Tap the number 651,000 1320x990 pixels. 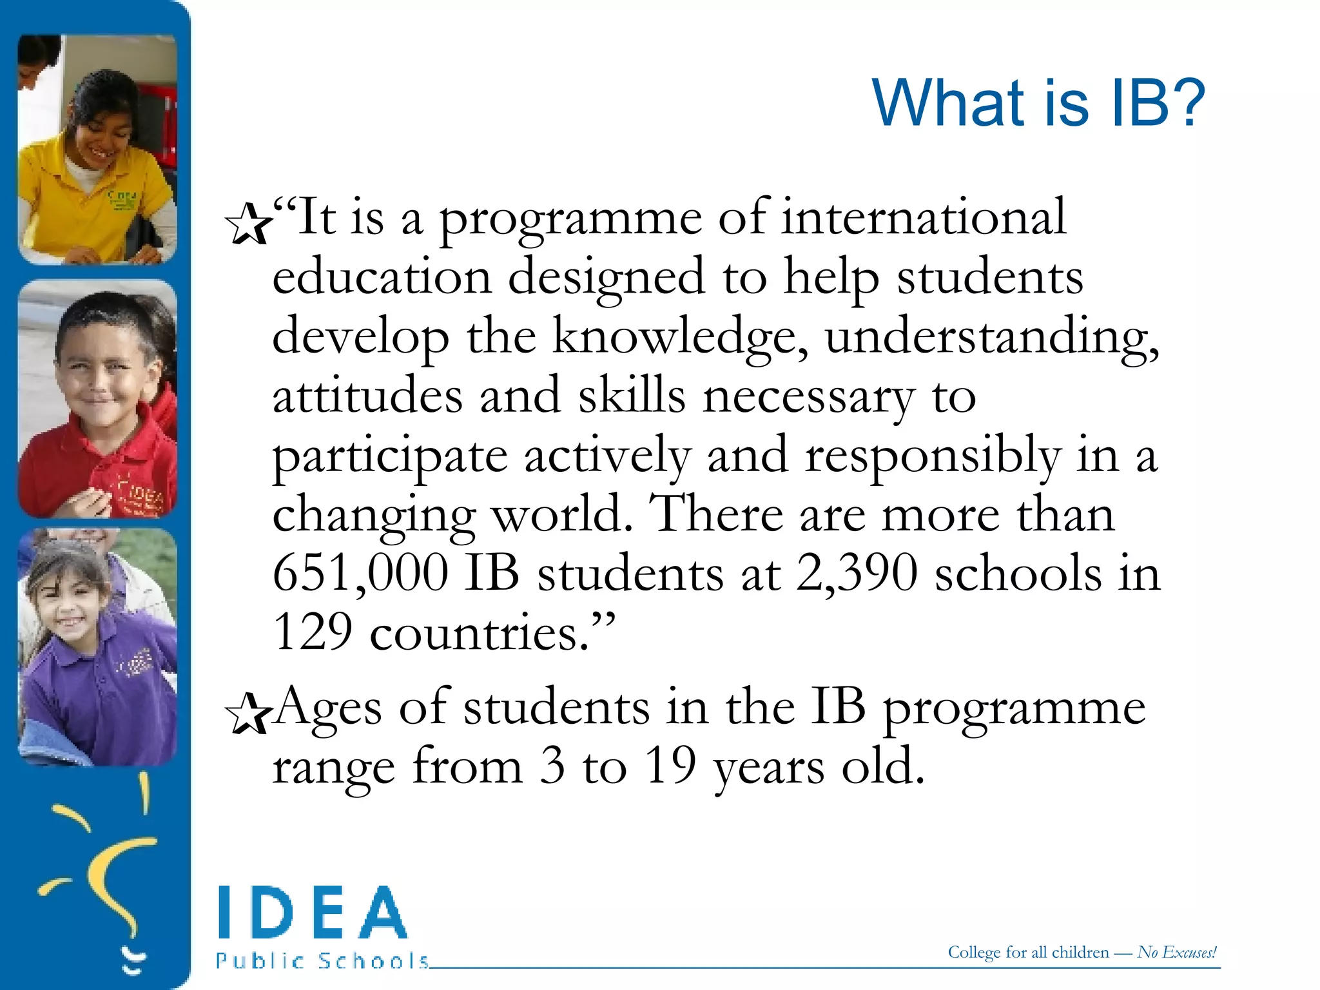coord(360,572)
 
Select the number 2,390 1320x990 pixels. coord(857,572)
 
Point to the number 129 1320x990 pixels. coord(313,632)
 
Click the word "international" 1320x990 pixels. coord(924,218)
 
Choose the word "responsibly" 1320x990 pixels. coord(932,456)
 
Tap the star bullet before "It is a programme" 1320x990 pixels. coord(247,224)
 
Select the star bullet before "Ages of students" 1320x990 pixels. coord(247,713)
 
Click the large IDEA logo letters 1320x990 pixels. coord(313,913)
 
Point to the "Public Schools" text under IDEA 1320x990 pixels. coord(322,961)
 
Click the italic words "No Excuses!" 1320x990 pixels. coord(1177,952)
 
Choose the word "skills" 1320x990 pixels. coord(631,396)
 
